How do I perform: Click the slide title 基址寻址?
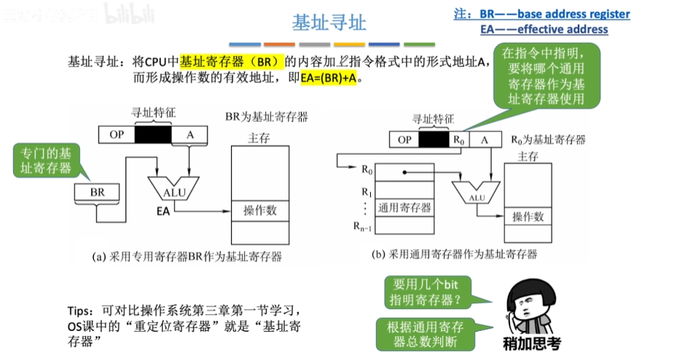click(329, 23)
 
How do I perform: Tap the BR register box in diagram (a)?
click(98, 192)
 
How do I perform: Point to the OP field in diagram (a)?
click(117, 135)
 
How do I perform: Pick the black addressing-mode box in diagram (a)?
click(153, 135)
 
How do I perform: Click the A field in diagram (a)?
click(189, 135)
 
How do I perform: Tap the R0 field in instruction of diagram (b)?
click(458, 139)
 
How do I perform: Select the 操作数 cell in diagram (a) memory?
click(259, 210)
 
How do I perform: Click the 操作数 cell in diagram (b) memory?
click(528, 216)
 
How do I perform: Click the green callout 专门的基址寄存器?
click(45, 161)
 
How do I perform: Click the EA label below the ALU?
click(163, 211)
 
